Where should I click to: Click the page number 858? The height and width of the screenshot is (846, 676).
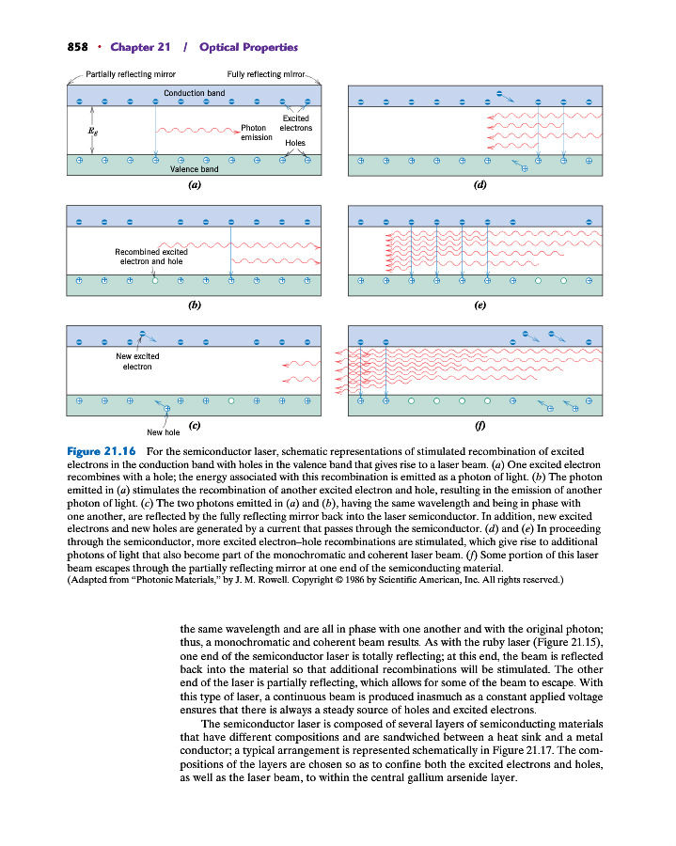78,47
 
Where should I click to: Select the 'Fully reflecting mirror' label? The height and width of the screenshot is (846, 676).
266,74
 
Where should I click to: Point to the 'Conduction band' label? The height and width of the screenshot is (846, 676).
194,93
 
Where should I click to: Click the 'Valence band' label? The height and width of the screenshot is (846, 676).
194,169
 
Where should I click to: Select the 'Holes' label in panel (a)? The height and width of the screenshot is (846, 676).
294,143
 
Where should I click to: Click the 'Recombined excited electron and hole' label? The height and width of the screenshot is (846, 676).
151,257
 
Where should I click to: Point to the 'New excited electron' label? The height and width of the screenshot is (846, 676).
137,361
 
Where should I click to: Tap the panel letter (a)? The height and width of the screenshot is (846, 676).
194,185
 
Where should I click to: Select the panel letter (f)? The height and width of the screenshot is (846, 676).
479,426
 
